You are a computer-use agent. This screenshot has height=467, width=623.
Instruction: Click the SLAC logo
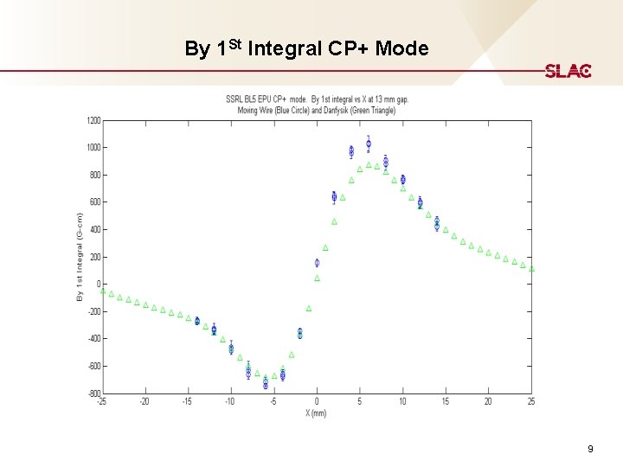click(568, 71)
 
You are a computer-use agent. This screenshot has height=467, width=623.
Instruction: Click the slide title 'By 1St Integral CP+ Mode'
click(306, 48)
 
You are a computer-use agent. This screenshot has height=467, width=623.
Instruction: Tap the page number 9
click(590, 449)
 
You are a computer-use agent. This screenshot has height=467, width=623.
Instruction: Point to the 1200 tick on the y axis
click(92, 120)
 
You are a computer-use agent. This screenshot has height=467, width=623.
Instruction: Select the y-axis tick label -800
click(92, 393)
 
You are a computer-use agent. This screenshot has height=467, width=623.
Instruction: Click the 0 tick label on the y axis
click(98, 285)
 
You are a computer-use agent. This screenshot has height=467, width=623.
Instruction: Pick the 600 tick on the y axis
click(93, 202)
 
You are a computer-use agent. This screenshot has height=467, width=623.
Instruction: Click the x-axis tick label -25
click(102, 401)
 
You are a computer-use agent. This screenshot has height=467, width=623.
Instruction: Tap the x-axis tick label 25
click(531, 401)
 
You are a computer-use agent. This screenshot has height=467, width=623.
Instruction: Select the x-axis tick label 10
click(402, 401)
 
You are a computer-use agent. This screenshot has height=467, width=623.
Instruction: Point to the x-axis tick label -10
click(230, 401)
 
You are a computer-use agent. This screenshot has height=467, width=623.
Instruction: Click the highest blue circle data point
click(369, 144)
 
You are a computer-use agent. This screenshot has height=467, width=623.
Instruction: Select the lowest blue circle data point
click(266, 384)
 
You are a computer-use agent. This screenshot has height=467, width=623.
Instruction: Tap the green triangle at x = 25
click(531, 269)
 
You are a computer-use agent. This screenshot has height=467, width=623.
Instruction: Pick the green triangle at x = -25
click(103, 291)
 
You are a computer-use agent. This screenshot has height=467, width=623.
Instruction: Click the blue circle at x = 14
click(437, 224)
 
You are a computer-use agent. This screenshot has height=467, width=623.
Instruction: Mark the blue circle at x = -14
click(197, 321)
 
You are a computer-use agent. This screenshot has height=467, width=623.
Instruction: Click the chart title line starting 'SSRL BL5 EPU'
click(317, 99)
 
